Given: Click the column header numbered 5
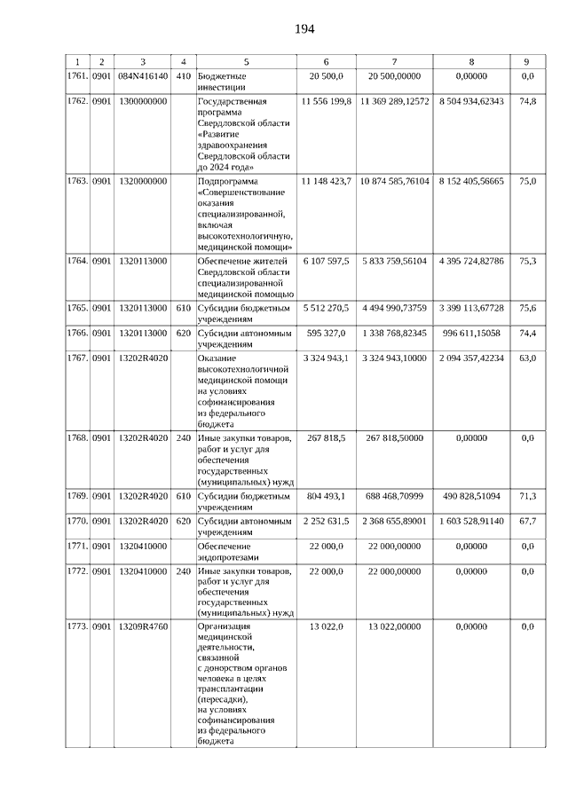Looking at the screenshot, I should click(x=246, y=61).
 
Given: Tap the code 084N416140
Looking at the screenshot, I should click(x=142, y=76).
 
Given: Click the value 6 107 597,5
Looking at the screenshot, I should click(x=327, y=261).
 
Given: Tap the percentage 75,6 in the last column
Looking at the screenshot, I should click(x=527, y=309).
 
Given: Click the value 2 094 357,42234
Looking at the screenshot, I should click(x=470, y=357).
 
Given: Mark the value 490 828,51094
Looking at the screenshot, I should click(x=470, y=495).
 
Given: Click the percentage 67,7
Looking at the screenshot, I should click(x=527, y=520).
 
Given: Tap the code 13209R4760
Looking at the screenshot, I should click(x=142, y=627).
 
